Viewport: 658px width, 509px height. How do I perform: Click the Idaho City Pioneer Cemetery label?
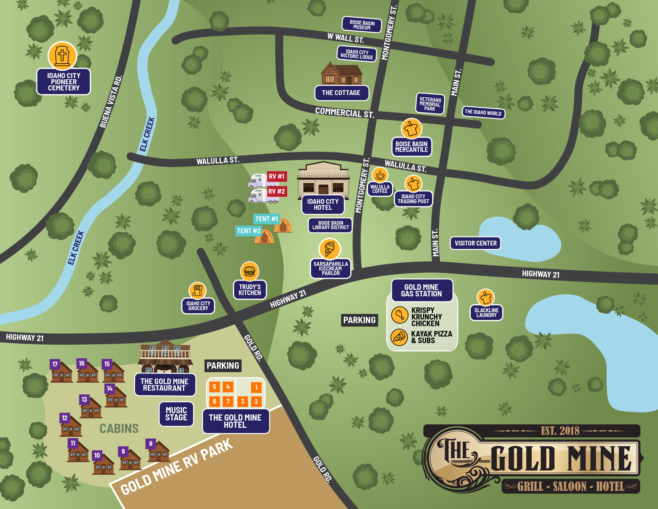tap(64, 82)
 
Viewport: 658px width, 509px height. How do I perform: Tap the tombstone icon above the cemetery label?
tap(62, 56)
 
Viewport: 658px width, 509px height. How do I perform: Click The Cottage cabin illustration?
tap(341, 74)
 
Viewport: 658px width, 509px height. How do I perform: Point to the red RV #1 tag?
tap(277, 176)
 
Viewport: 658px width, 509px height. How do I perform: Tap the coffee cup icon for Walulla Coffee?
tap(380, 175)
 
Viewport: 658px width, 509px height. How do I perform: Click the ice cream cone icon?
tap(330, 249)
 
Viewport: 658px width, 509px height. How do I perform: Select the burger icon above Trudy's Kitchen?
tap(249, 271)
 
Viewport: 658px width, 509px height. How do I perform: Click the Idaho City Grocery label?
tap(198, 306)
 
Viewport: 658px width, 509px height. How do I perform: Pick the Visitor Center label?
tap(475, 243)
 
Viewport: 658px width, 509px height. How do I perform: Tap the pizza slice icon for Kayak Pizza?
tap(399, 337)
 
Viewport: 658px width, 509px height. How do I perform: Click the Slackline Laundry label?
tap(486, 312)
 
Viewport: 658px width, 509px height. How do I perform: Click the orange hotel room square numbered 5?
tap(215, 387)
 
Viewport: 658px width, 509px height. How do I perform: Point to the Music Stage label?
tap(176, 414)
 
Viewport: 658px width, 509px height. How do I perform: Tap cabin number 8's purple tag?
tap(151, 444)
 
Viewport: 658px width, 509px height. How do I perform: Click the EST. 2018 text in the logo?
tap(560, 431)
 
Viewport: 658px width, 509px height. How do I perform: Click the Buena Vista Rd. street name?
tap(111, 102)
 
